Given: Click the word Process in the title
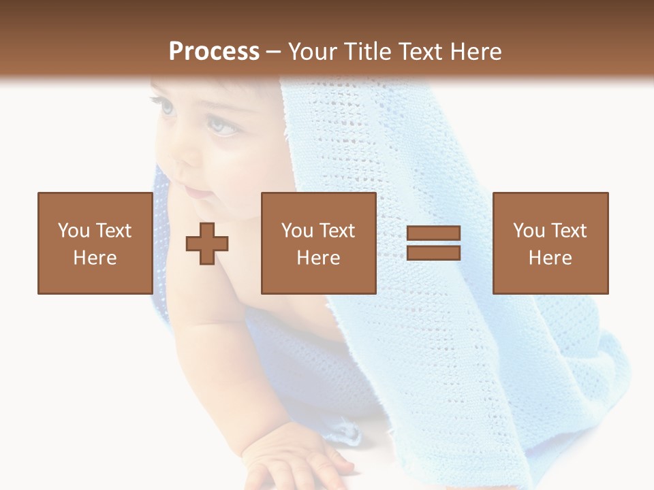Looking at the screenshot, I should coord(214,52).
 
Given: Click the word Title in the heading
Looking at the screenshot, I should coord(367,52).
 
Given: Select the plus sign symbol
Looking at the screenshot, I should coord(207,244).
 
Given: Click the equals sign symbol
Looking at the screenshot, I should coord(433,243).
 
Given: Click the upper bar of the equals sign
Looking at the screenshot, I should coord(433,233).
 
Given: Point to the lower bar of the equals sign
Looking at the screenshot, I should coord(433,252).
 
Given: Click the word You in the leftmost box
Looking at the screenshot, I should coord(74,231).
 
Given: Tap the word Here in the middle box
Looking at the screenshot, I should coord(318,258).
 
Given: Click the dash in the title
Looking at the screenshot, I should coord(273,52).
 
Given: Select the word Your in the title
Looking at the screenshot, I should coord(312,52).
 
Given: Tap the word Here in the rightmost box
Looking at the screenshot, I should coord(550,258).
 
